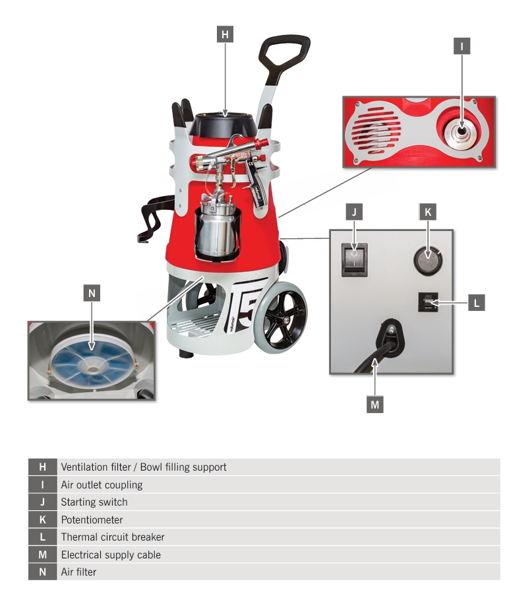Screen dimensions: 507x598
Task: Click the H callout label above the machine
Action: pyautogui.click(x=225, y=34)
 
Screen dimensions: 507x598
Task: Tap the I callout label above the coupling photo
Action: pyautogui.click(x=462, y=46)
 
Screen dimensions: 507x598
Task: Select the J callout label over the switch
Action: pyautogui.click(x=354, y=212)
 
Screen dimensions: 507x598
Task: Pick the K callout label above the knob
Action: pyautogui.click(x=428, y=212)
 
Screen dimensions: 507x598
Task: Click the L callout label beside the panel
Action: pyautogui.click(x=477, y=303)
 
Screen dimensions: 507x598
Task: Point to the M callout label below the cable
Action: pyautogui.click(x=375, y=404)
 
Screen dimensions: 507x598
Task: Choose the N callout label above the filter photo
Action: pyautogui.click(x=92, y=293)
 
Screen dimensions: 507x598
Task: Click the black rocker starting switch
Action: pyautogui.click(x=354, y=259)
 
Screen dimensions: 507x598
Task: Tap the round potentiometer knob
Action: pyautogui.click(x=428, y=260)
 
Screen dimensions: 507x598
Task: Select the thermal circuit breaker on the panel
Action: pyautogui.click(x=428, y=302)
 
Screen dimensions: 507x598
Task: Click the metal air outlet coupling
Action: pyautogui.click(x=462, y=131)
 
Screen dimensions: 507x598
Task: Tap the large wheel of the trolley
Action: pyautogui.click(x=281, y=317)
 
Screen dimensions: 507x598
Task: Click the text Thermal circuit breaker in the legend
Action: pyautogui.click(x=113, y=537)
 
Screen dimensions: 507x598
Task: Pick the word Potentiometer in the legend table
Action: pyautogui.click(x=92, y=519)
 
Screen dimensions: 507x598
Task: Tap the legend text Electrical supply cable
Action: pyautogui.click(x=111, y=554)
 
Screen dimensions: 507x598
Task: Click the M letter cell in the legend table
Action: pyautogui.click(x=43, y=554)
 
